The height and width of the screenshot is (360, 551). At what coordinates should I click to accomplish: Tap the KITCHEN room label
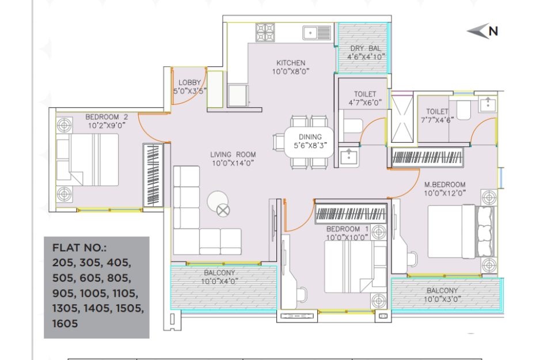(291, 63)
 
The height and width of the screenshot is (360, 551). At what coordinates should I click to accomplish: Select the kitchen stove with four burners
(265, 32)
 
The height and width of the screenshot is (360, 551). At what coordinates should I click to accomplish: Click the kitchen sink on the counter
(317, 33)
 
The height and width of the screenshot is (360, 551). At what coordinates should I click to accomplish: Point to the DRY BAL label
(366, 48)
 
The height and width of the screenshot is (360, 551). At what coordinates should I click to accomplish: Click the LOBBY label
(189, 82)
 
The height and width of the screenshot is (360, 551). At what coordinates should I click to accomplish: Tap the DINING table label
(310, 137)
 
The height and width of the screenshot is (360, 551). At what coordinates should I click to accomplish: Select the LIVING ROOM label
(233, 154)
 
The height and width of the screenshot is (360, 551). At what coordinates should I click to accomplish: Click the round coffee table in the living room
(218, 203)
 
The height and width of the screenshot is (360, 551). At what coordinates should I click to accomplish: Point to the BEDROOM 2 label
(107, 117)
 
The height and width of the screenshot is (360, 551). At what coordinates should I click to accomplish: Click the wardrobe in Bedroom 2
(153, 175)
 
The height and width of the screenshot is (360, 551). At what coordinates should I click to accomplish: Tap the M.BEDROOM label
(444, 184)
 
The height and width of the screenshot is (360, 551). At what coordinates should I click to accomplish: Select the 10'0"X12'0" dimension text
(444, 193)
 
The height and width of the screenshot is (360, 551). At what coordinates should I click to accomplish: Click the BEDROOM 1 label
(348, 229)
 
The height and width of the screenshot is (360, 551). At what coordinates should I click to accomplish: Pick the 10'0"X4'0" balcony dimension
(219, 281)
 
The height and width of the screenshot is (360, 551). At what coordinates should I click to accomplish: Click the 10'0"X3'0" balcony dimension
(442, 299)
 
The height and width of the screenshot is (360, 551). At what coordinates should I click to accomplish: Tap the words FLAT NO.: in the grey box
(79, 248)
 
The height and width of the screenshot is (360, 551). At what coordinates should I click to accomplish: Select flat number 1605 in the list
(65, 324)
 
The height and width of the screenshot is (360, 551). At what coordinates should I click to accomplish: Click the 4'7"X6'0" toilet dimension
(365, 103)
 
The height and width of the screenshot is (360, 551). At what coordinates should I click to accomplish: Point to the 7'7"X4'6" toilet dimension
(437, 120)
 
